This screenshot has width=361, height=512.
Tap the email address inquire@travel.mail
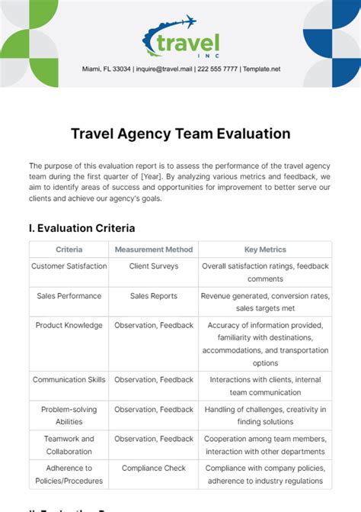(164, 69)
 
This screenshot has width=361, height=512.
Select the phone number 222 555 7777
(216, 69)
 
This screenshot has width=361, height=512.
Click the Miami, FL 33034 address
(106, 69)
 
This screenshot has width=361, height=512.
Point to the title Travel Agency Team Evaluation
(180, 134)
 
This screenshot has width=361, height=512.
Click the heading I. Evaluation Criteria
(81, 227)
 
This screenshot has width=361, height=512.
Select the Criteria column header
(69, 250)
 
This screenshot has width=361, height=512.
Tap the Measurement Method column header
(154, 250)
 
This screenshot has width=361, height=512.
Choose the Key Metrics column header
(265, 250)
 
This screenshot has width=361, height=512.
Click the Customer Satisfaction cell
(69, 266)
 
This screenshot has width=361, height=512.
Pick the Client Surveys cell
(154, 266)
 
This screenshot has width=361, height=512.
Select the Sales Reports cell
(154, 295)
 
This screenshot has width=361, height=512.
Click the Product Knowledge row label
(69, 325)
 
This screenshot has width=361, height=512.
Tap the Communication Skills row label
(69, 379)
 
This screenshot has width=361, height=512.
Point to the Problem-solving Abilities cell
(69, 416)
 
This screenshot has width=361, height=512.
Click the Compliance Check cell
(154, 468)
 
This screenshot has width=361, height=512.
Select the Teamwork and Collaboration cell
(69, 446)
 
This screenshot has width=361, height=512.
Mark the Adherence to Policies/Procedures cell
(69, 475)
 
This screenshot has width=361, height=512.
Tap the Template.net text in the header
(260, 69)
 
